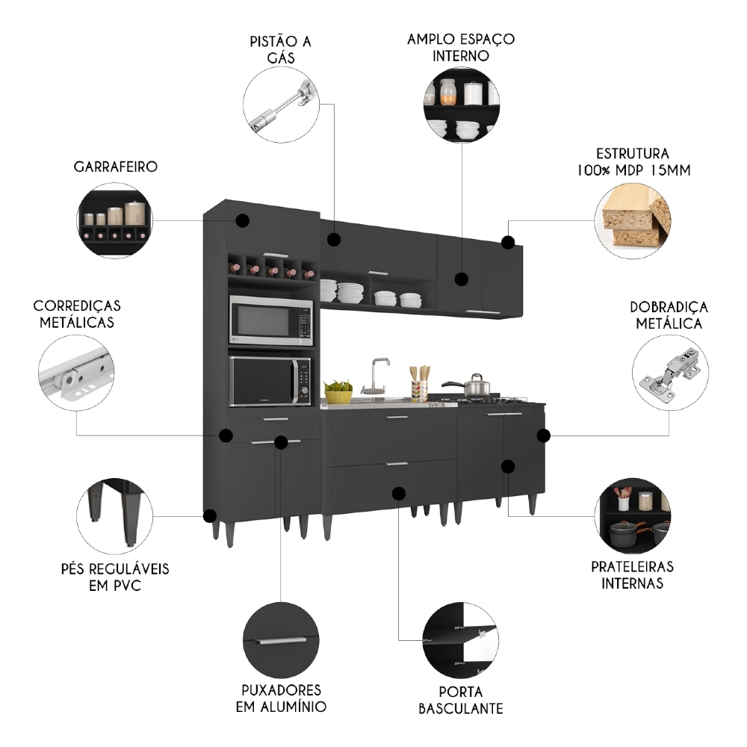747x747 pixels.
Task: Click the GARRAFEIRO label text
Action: coord(115,166)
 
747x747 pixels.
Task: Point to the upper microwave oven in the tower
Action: coord(270,321)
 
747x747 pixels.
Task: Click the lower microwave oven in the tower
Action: coord(270,381)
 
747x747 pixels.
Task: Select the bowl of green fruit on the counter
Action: coord(338,388)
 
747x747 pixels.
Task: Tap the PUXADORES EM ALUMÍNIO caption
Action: coord(281,698)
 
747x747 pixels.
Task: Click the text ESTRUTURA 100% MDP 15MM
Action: coord(633,161)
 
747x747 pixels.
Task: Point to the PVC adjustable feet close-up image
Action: coord(114,515)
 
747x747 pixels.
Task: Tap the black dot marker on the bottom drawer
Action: coord(398,493)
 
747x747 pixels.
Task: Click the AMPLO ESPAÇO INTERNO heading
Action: coord(460,46)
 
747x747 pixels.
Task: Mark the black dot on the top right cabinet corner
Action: coord(508,242)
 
